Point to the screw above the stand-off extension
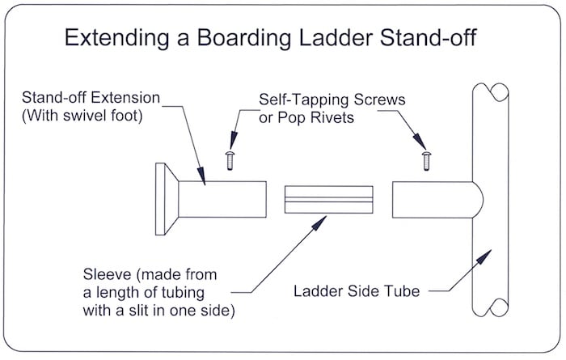(x=229, y=159)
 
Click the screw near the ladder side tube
(x=426, y=159)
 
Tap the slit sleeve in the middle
(x=328, y=199)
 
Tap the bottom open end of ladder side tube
(x=489, y=307)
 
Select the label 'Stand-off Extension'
(x=91, y=98)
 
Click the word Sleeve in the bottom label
(x=103, y=272)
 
